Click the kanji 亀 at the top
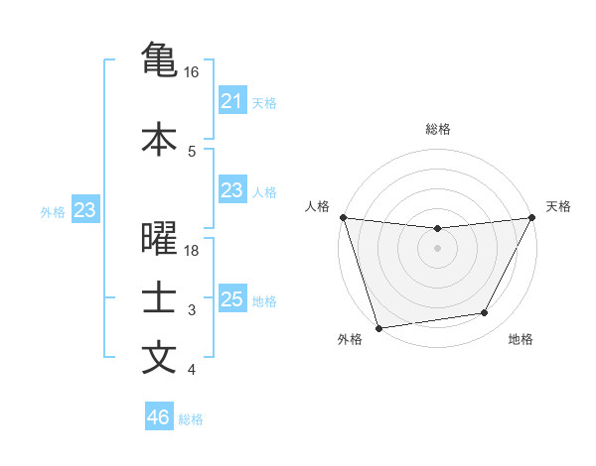click(x=159, y=59)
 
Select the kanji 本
click(x=159, y=138)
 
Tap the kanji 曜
click(x=159, y=239)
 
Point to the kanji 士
click(x=159, y=298)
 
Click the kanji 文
click(x=159, y=357)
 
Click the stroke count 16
click(x=192, y=72)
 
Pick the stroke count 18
click(x=192, y=251)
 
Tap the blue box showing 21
click(x=232, y=101)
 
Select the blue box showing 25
click(x=232, y=299)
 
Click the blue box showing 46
click(x=159, y=417)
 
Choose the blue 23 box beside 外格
click(x=84, y=210)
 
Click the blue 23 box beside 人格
click(x=232, y=190)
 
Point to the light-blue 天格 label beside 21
click(x=264, y=102)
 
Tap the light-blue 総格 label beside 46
click(x=191, y=418)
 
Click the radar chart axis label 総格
click(x=438, y=129)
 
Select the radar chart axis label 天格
click(x=559, y=206)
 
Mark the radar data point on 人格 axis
click(x=343, y=217)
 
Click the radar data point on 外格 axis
click(x=378, y=326)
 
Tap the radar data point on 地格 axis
click(x=485, y=313)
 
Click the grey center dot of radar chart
click(x=437, y=248)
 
